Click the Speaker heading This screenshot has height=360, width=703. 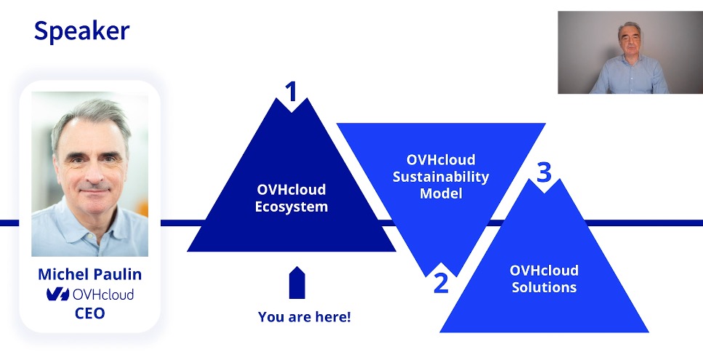pyautogui.click(x=81, y=32)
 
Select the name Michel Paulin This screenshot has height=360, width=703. pyautogui.click(x=89, y=274)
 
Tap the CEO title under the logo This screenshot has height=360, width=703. pyautogui.click(x=89, y=313)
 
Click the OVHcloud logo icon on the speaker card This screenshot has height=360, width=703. pyautogui.click(x=58, y=294)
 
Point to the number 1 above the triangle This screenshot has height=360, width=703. pyautogui.click(x=292, y=92)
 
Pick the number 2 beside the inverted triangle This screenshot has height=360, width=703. pyautogui.click(x=441, y=283)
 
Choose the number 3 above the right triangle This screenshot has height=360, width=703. pyautogui.click(x=544, y=172)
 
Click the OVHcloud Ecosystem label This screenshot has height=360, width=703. pyautogui.click(x=292, y=198)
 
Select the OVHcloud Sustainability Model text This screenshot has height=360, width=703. pyautogui.click(x=441, y=176)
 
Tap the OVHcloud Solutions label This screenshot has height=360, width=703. pyautogui.click(x=544, y=279)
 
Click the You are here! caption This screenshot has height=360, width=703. pyautogui.click(x=305, y=316)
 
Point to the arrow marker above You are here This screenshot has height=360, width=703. pyautogui.click(x=297, y=282)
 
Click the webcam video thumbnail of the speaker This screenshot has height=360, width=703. pyautogui.click(x=630, y=52)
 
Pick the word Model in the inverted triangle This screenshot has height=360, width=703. pyautogui.click(x=441, y=193)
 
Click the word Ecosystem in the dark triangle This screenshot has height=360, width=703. pyautogui.click(x=292, y=207)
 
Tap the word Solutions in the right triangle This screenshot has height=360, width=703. pyautogui.click(x=544, y=287)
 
